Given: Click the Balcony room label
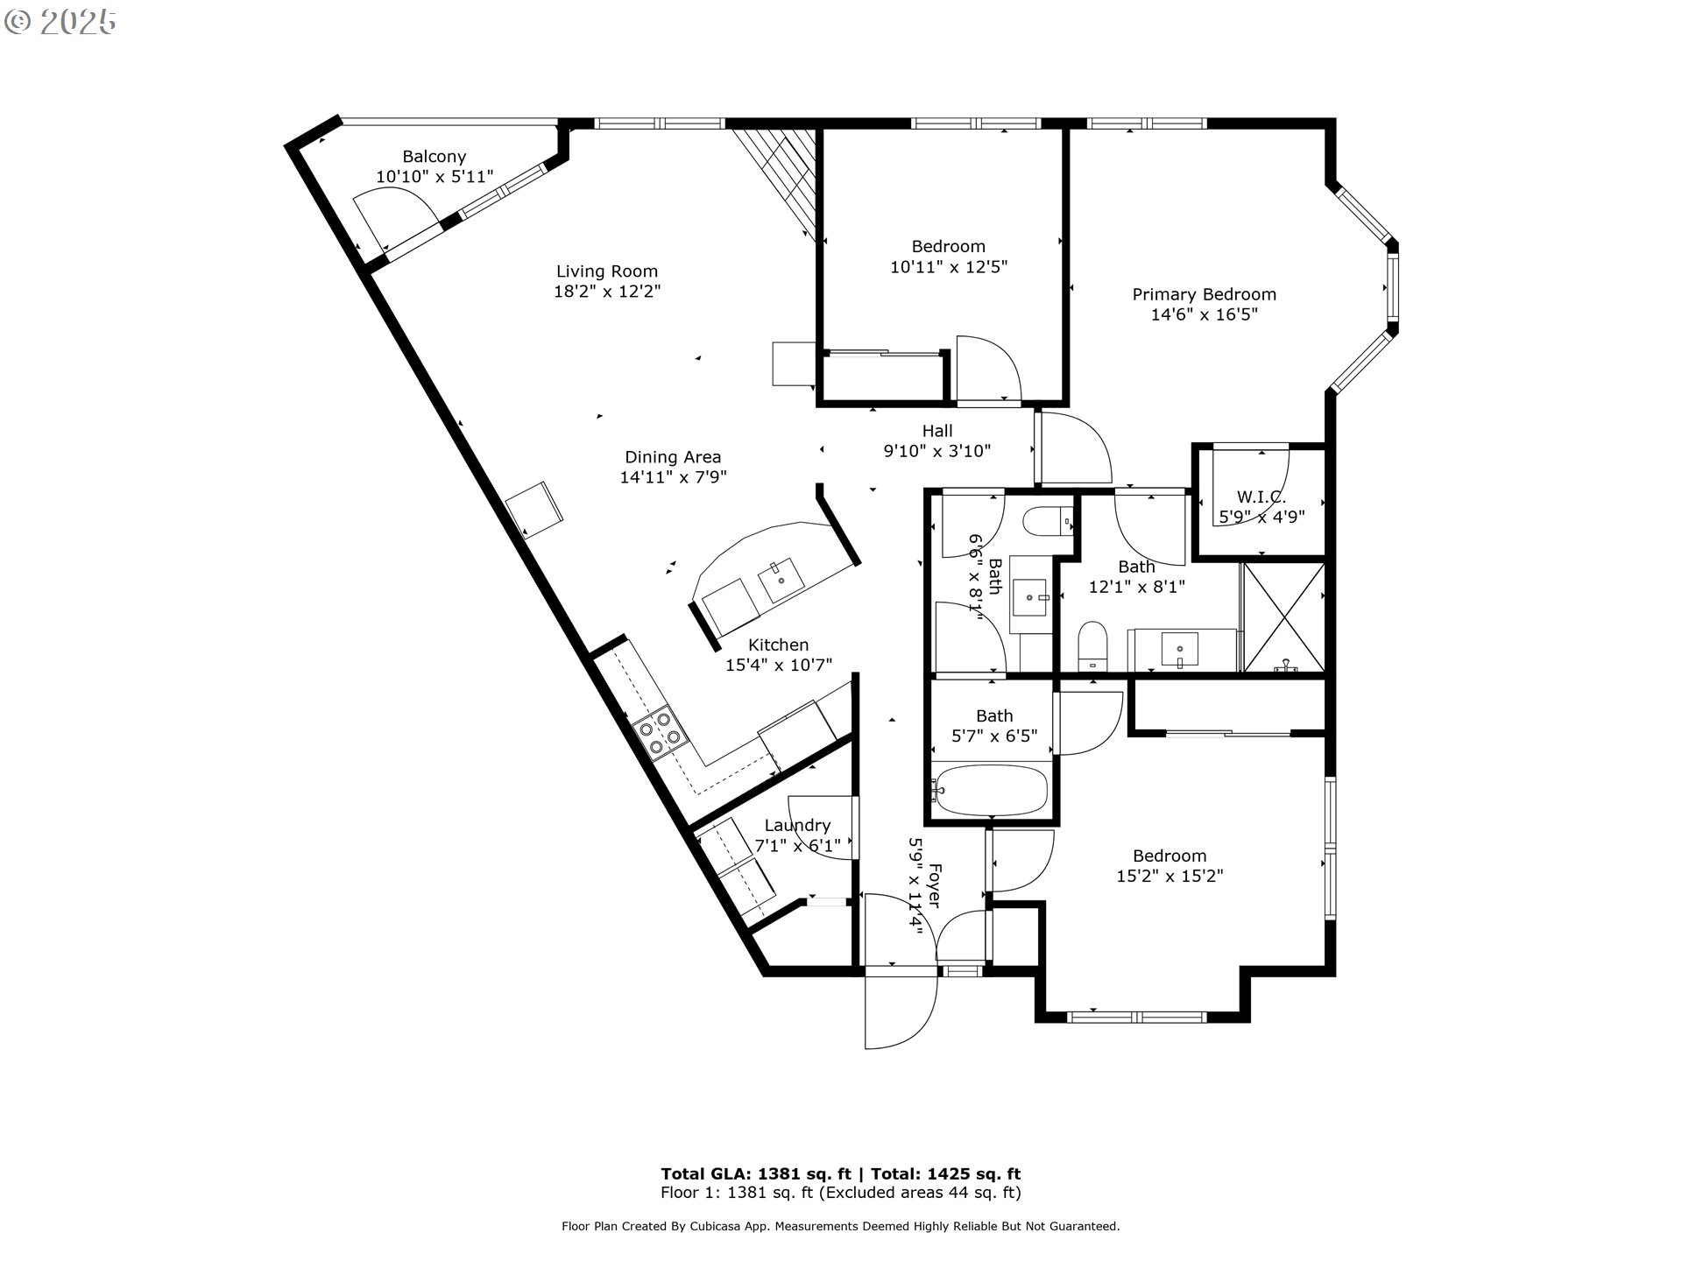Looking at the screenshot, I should coord(434,157).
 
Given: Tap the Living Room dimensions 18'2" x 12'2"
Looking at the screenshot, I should coord(606,292).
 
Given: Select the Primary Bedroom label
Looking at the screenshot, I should coord(1204,294).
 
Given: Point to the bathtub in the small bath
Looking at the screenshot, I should coord(990,791).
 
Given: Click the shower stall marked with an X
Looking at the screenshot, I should coord(1283,618).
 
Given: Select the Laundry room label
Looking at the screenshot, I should coord(797,825).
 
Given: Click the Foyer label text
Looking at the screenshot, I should coord(934,885).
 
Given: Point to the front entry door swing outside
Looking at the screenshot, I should coord(900,1011).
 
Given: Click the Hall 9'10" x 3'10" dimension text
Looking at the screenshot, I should coord(936,451).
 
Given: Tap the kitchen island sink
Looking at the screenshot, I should coord(780,579).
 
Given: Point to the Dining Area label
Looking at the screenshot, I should coord(673,457).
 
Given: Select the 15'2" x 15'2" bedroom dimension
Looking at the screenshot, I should coord(1170,876).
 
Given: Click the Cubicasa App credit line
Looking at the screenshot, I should coord(840,1226).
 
